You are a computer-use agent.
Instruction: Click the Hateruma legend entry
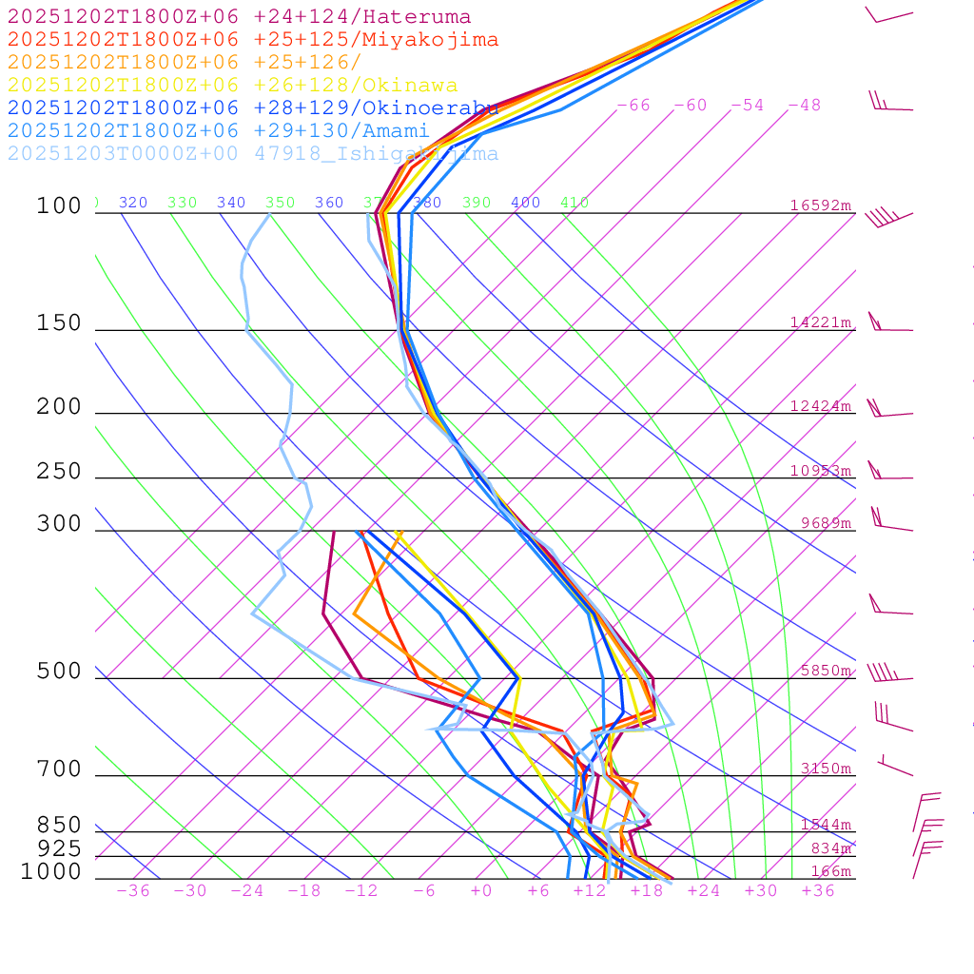tap(239, 17)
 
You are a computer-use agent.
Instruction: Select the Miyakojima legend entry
tap(252, 40)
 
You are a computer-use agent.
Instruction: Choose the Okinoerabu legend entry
tap(253, 108)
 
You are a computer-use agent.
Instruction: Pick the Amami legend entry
tap(218, 131)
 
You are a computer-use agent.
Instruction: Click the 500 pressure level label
tap(59, 672)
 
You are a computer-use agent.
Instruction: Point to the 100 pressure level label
tap(59, 205)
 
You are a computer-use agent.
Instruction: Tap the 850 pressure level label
tap(59, 826)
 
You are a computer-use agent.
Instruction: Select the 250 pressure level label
tap(59, 472)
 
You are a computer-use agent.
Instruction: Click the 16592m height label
tap(821, 205)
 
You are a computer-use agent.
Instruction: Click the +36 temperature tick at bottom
tap(818, 890)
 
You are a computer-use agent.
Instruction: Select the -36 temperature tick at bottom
tap(133, 890)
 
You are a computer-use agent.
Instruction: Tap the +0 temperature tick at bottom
tap(481, 890)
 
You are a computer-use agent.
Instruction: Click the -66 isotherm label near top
tap(633, 106)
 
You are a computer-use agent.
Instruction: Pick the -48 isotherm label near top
tap(805, 106)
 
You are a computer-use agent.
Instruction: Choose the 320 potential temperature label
tap(133, 203)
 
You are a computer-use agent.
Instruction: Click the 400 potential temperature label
tap(525, 203)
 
